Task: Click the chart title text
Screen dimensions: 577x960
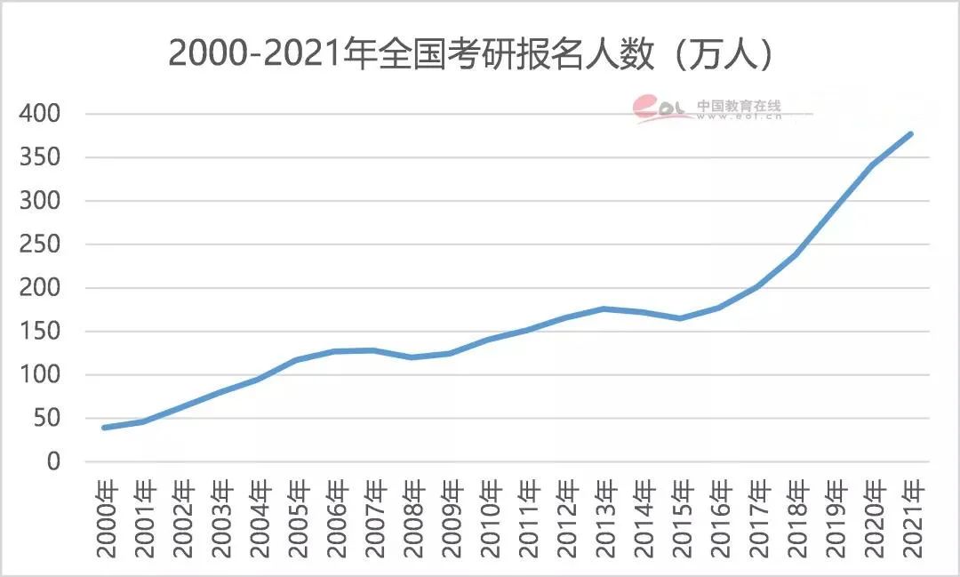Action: click(x=472, y=54)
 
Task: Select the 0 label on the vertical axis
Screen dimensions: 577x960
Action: click(x=53, y=461)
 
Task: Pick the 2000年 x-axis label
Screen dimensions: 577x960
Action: click(x=107, y=518)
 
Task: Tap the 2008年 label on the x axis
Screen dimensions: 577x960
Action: click(x=413, y=518)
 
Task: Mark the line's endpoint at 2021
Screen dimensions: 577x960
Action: click(x=911, y=134)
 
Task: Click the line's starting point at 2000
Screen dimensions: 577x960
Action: click(x=105, y=428)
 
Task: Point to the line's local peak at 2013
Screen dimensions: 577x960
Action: click(x=604, y=309)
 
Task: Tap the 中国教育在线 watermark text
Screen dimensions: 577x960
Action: click(x=739, y=105)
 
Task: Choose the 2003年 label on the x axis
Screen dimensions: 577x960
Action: click(x=221, y=518)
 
